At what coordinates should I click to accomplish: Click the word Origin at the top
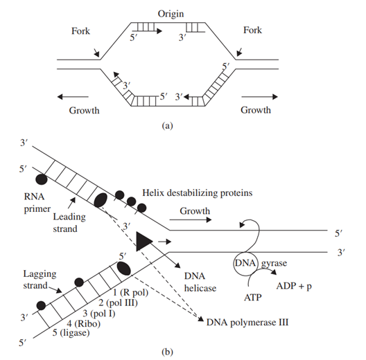(171, 14)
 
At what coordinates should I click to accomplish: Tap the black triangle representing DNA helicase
(142, 242)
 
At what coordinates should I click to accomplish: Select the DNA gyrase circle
(245, 264)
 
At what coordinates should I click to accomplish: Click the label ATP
(253, 298)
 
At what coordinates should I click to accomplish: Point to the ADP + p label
(294, 286)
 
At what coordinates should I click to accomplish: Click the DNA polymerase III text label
(247, 323)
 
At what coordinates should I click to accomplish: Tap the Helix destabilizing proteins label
(198, 193)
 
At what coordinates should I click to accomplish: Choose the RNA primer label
(37, 203)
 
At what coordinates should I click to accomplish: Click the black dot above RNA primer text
(42, 179)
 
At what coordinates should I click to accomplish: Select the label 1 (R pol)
(131, 292)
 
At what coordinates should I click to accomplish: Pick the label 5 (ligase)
(71, 332)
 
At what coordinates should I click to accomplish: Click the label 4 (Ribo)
(84, 323)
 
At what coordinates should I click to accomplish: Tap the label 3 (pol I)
(99, 314)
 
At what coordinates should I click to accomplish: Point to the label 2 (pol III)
(118, 303)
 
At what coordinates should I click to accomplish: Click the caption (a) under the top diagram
(167, 126)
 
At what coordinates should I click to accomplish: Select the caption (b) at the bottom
(167, 352)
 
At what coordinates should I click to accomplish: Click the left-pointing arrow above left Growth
(73, 96)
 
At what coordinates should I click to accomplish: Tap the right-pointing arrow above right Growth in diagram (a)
(259, 96)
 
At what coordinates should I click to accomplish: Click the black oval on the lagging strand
(123, 269)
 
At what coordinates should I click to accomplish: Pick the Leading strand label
(69, 223)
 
